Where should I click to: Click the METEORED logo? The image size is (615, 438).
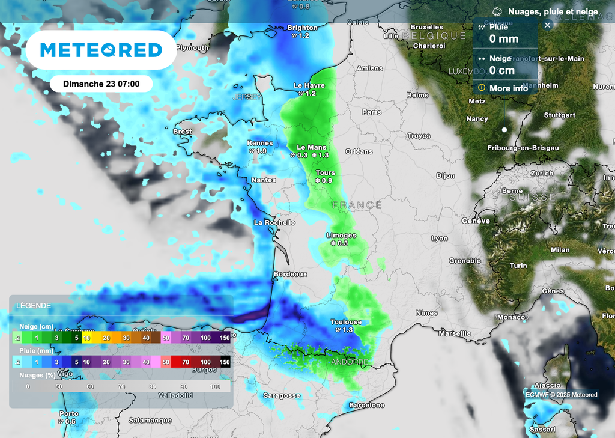coord(101,50)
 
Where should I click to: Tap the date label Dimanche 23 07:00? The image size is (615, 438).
coord(101,84)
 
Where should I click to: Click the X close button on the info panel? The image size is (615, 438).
coord(547,25)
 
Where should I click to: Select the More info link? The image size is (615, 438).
coord(508,88)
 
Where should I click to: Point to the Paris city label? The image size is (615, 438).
coord(372,112)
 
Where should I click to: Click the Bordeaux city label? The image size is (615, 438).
coord(290,274)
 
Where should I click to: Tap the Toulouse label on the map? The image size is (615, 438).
coord(346,322)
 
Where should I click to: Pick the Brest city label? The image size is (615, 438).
coord(182,132)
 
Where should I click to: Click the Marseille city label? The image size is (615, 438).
coord(455,333)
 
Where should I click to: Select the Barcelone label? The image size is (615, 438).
coord(366,406)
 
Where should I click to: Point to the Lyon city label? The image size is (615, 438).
coord(439,239)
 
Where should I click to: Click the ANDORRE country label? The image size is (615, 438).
coord(349,362)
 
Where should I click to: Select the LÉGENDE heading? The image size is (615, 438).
coord(34,306)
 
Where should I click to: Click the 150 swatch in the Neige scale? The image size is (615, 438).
coord(224,338)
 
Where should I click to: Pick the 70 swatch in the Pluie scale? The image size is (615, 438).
coord(185,362)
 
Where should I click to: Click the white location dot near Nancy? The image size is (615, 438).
coord(504,130)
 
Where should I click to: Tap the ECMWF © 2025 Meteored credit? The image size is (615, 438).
coord(562,395)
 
